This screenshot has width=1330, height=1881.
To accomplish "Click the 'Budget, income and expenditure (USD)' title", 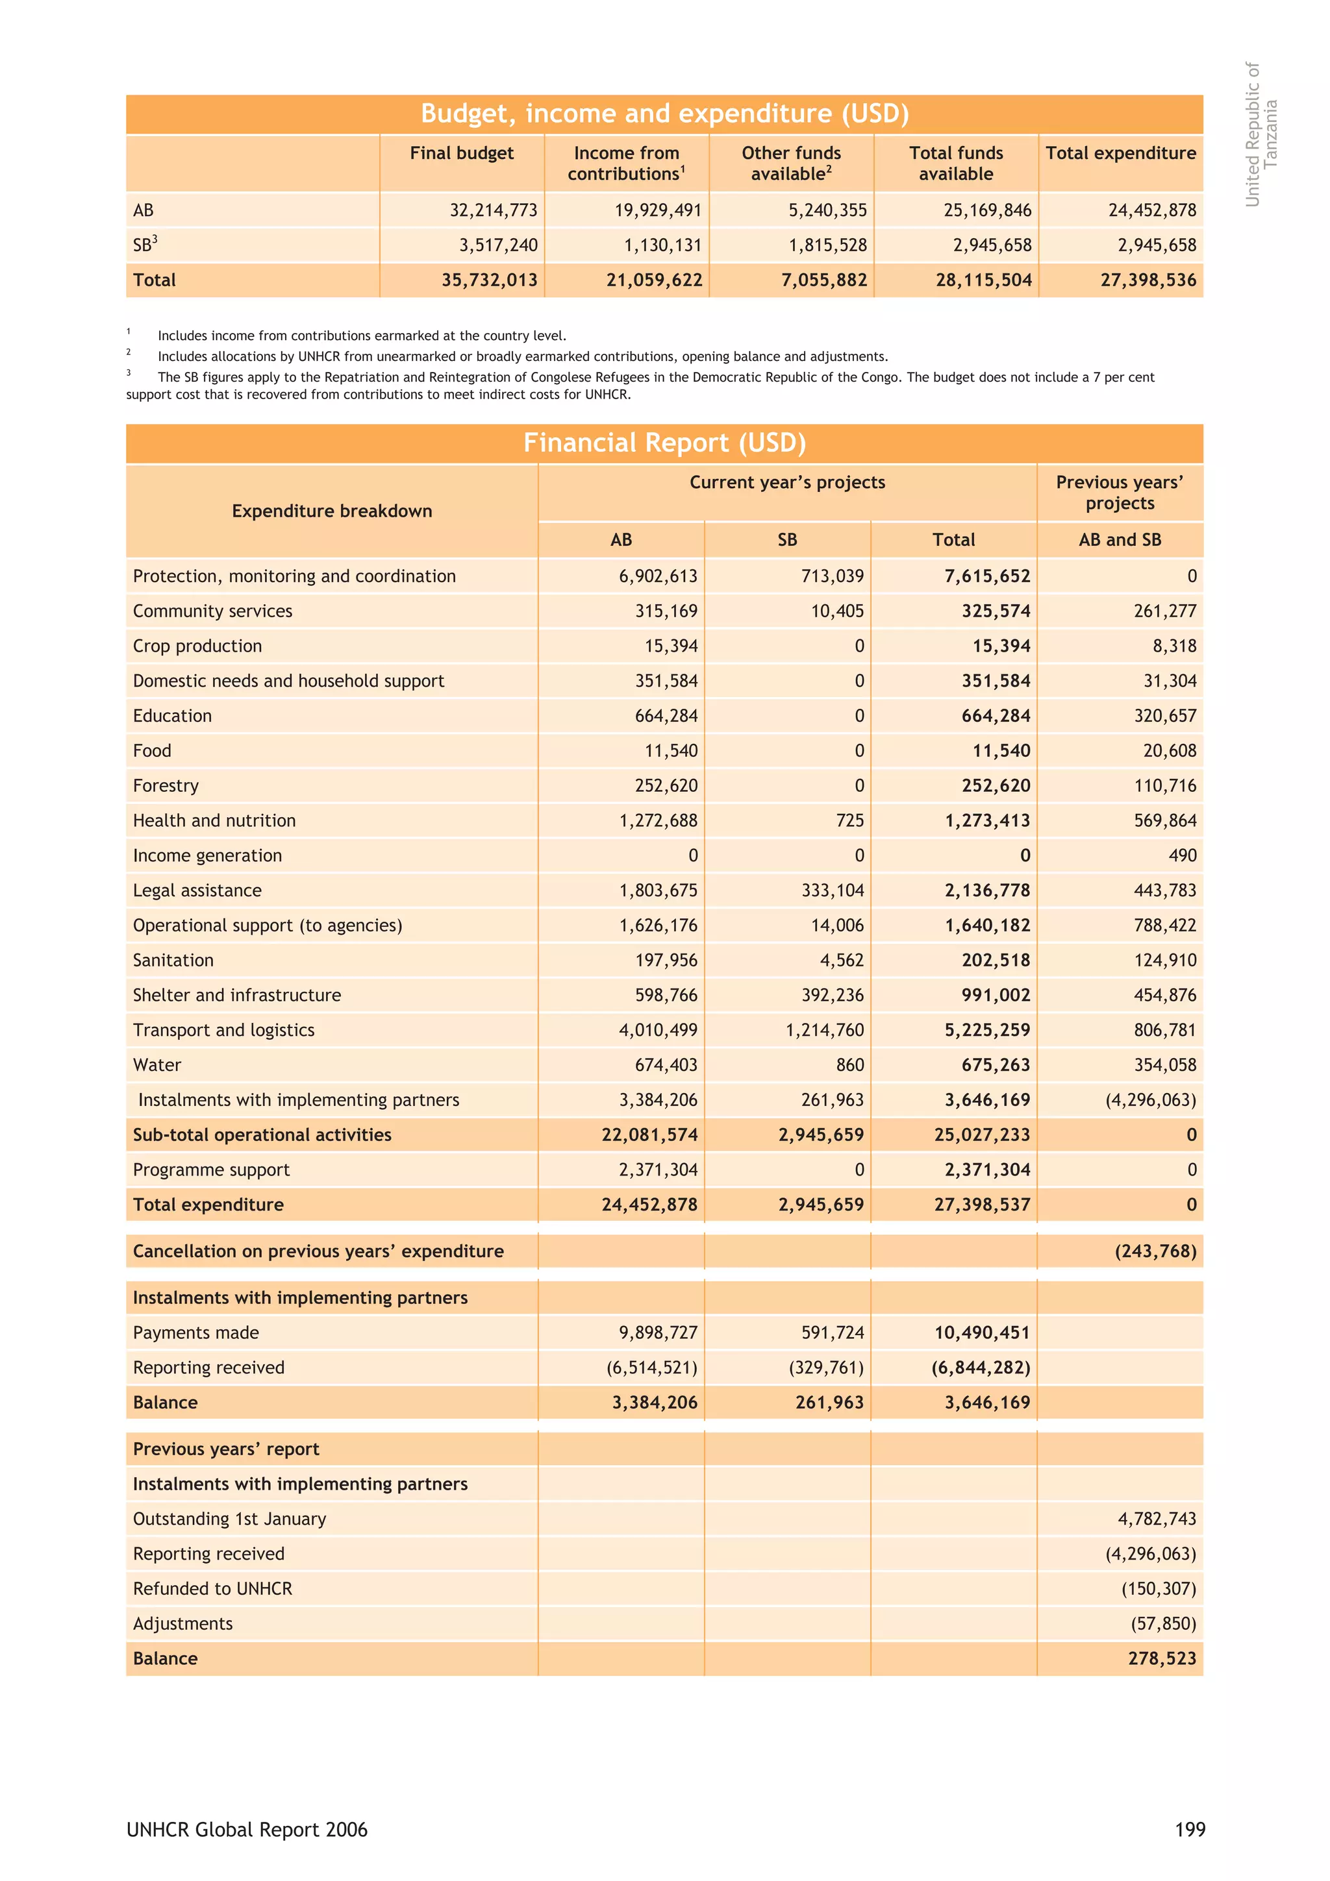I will pyautogui.click(x=664, y=113).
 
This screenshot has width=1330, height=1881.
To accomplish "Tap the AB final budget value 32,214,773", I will pyautogui.click(x=494, y=210).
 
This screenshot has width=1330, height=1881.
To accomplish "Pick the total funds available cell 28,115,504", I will pyautogui.click(x=983, y=280).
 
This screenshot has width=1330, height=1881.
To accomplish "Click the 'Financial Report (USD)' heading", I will pyautogui.click(x=664, y=443).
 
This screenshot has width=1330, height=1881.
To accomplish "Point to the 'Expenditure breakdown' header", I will pyautogui.click(x=332, y=511).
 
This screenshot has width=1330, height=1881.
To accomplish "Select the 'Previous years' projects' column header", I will pyautogui.click(x=1120, y=493).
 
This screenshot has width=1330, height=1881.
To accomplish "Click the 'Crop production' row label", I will pyautogui.click(x=197, y=646).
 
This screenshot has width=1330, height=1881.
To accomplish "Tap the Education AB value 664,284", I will pyautogui.click(x=666, y=716).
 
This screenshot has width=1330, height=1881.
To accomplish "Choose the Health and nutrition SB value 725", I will pyautogui.click(x=850, y=821).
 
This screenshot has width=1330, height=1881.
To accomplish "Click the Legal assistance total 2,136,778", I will pyautogui.click(x=988, y=891).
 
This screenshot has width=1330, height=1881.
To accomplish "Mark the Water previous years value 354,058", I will pyautogui.click(x=1164, y=1065).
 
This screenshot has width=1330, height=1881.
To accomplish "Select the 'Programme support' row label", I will pyautogui.click(x=212, y=1170).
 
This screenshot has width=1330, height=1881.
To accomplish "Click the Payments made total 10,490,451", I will pyautogui.click(x=982, y=1333).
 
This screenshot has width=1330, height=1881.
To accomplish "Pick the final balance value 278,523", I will pyautogui.click(x=1162, y=1658).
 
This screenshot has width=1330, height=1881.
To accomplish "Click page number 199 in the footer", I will pyautogui.click(x=1190, y=1829).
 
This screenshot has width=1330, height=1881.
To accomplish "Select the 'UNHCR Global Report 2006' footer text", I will pyautogui.click(x=247, y=1829).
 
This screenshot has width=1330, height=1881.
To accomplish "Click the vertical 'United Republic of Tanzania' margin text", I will pyautogui.click(x=1261, y=134).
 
